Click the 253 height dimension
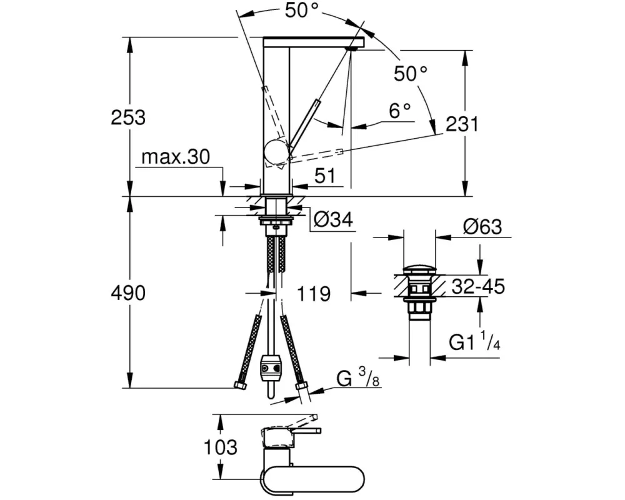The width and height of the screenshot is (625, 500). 128,117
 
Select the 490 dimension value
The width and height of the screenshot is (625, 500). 128,293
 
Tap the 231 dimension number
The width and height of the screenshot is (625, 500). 462,124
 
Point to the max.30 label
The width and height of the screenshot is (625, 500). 176,157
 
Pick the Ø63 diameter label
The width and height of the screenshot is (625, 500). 482,227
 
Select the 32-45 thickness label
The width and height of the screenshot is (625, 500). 478,286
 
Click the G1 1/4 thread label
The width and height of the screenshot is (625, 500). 474,341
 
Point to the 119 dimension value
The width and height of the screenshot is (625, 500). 314,294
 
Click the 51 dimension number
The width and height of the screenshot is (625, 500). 325,176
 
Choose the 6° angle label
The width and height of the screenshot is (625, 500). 400,111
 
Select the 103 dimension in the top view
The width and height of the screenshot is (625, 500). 221,447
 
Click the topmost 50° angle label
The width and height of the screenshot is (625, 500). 302,11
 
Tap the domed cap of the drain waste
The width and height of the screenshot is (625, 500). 419,269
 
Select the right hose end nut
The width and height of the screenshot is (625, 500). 302,386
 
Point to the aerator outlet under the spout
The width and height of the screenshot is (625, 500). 352,49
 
